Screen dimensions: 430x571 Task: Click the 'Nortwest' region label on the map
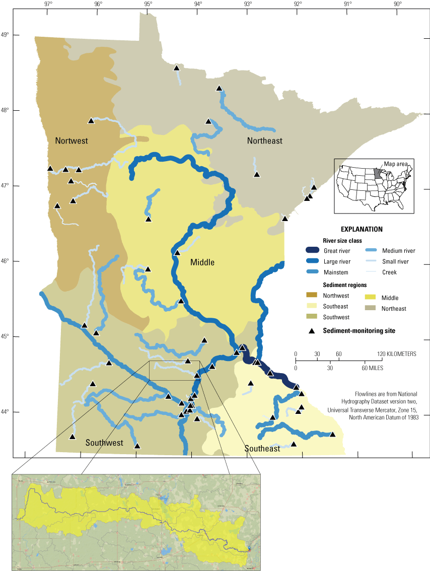[71, 141]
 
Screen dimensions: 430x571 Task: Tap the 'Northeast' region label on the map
[264, 141]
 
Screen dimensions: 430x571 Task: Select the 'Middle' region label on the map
[202, 262]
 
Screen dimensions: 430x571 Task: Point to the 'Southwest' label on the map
[104, 443]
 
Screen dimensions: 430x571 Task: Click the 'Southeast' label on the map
[262, 448]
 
